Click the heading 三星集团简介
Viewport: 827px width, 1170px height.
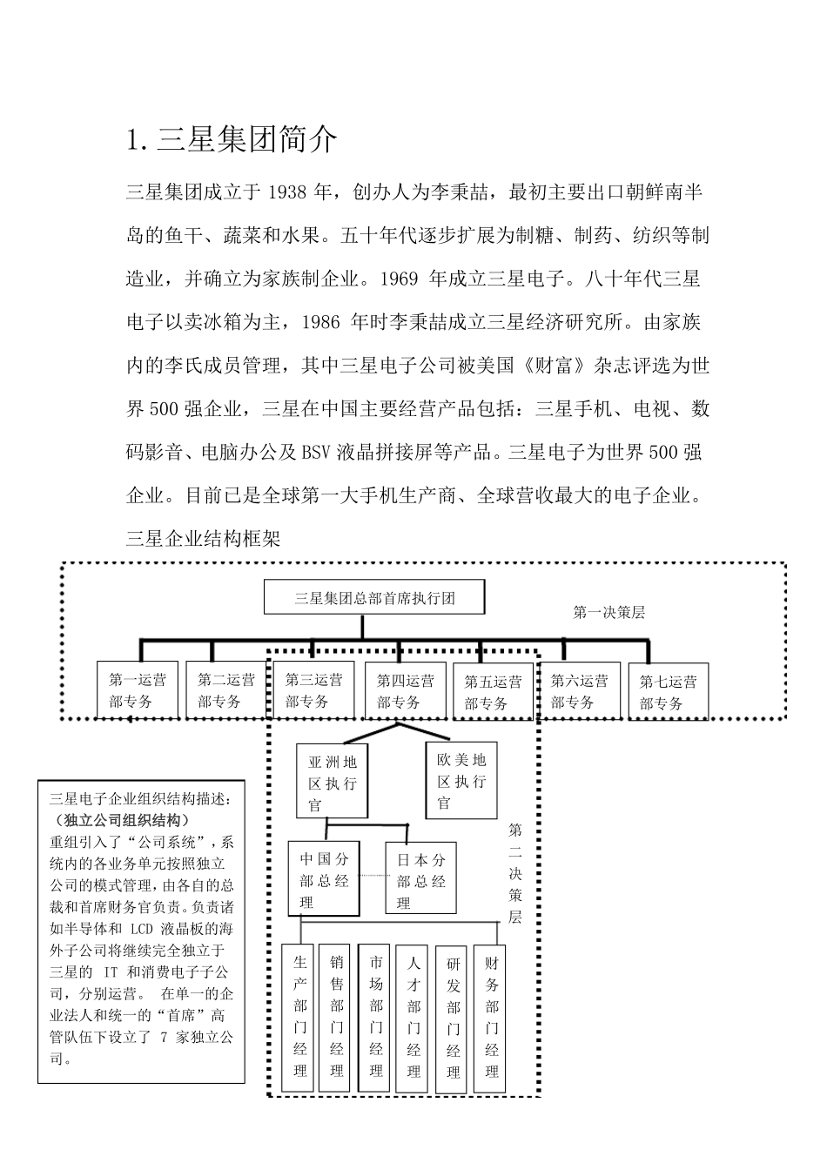tap(232, 140)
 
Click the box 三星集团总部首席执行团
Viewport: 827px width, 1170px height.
tap(373, 598)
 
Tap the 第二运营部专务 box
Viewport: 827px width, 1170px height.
tap(225, 691)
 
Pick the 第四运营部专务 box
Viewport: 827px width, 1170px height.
tap(404, 691)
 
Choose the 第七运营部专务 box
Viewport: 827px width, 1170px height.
tap(668, 692)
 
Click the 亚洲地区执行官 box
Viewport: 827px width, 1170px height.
tap(332, 781)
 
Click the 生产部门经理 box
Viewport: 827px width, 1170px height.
tap(299, 1016)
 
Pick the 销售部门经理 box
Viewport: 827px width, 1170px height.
tap(337, 1016)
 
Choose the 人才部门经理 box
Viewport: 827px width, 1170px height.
tap(413, 1016)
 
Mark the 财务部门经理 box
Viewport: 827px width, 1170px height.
tap(492, 1016)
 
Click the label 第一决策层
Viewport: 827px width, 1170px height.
tap(608, 612)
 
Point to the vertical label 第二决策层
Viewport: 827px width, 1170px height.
tap(515, 872)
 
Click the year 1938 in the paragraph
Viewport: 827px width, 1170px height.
tap(287, 192)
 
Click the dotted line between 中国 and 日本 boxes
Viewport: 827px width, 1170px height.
tap(373, 875)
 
